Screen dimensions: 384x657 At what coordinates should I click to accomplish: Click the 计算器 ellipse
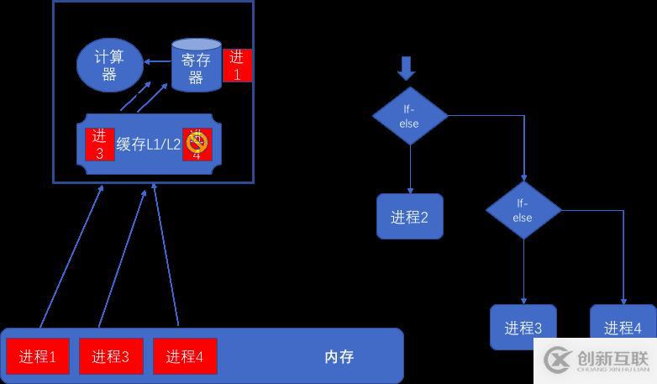[x=109, y=64]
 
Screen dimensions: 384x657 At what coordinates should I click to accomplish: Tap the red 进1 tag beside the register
[x=237, y=66]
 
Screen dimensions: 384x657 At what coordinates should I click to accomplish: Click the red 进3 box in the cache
[x=99, y=144]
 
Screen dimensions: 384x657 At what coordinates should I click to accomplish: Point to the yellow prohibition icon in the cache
[x=197, y=145]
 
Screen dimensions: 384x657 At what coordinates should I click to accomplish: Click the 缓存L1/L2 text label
[x=148, y=144]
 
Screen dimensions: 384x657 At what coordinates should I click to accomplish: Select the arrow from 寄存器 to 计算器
[x=156, y=61]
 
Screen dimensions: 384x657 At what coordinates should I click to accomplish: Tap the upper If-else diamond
[x=409, y=116]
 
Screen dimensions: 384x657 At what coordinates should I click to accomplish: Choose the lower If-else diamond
[x=523, y=210]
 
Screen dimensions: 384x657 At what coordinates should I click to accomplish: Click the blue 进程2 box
[x=409, y=217]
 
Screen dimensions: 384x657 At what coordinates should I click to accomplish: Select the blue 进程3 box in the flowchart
[x=523, y=327]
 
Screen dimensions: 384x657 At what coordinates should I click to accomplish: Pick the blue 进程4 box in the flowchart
[x=623, y=327]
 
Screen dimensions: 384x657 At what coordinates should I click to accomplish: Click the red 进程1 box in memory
[x=38, y=356]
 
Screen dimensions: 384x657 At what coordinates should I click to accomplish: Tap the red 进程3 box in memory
[x=111, y=356]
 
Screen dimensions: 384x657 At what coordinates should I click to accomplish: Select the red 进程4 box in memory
[x=185, y=356]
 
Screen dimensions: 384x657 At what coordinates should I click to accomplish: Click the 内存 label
[x=339, y=356]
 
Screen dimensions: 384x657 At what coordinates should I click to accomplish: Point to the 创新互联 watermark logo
[x=597, y=360]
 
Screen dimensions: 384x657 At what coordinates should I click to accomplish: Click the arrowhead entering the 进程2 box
[x=410, y=190]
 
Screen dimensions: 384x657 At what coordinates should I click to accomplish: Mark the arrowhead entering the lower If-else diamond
[x=523, y=178]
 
